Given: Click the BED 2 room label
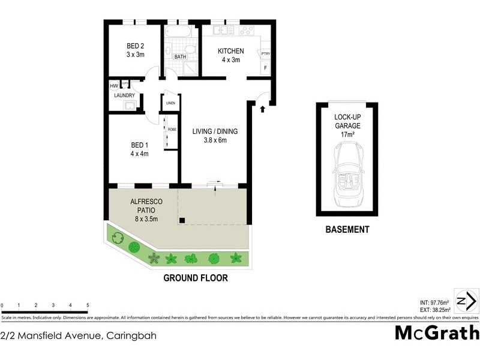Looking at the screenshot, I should [x=135, y=46].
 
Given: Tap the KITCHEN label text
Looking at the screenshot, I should [x=230, y=50].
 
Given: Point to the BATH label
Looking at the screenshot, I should [x=180, y=57].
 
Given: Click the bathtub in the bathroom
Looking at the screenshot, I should [x=178, y=31].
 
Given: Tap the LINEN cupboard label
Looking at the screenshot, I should [x=170, y=103].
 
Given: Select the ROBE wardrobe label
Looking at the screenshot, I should [x=172, y=130].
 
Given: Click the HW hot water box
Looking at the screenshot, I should [x=114, y=85].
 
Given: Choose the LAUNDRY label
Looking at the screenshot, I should [x=124, y=95].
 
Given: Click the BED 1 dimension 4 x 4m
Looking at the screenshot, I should [x=139, y=154].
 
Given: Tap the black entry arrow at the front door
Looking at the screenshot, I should [x=262, y=109].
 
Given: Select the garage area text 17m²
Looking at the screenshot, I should [x=348, y=135].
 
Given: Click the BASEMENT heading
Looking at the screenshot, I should [x=347, y=229].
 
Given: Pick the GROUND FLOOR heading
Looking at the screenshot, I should [x=196, y=278].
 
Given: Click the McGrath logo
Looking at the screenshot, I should [x=437, y=332].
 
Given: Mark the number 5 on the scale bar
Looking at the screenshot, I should [x=88, y=305].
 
